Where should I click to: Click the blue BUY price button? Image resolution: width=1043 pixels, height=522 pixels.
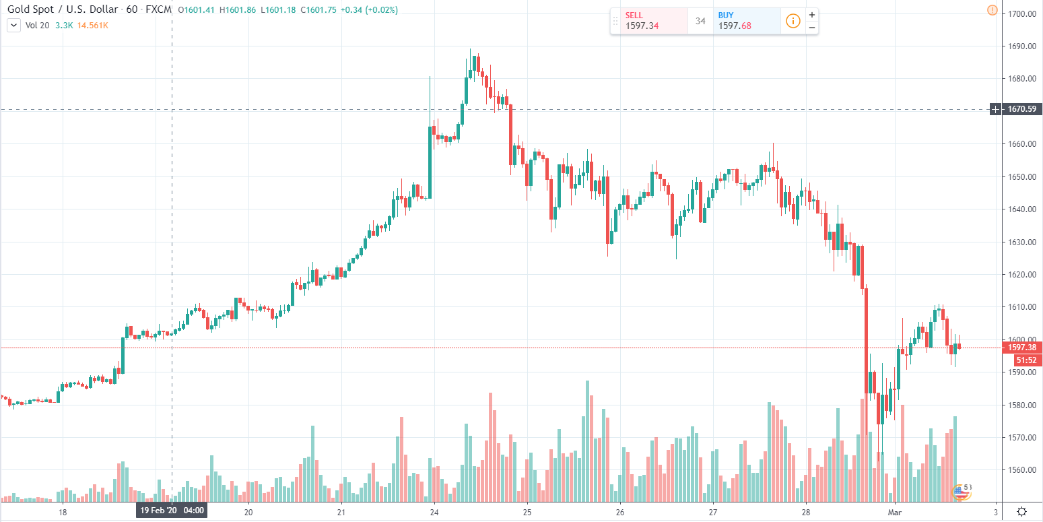pos(746,21)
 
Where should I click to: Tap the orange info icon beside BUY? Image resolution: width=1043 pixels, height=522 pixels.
pos(793,21)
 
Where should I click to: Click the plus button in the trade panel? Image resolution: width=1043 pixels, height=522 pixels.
pos(812,14)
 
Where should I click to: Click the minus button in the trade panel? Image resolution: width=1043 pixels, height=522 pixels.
pos(812,28)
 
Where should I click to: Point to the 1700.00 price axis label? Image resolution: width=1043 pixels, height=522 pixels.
pos(1020,13)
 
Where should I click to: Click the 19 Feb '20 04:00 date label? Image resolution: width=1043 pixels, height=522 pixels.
pos(172,511)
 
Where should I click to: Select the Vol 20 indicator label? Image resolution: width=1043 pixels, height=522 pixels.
pos(37,26)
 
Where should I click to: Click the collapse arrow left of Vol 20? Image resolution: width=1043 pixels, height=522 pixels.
pos(13,26)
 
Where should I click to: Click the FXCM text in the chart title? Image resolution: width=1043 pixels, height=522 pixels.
pos(158,10)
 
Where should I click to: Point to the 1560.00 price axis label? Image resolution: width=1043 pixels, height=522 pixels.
pos(1020,470)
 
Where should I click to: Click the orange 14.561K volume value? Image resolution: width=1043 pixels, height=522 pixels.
pos(94,26)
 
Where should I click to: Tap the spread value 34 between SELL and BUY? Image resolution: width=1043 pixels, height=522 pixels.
pos(700,21)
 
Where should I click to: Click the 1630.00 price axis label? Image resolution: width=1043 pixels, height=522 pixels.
pos(1020,242)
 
